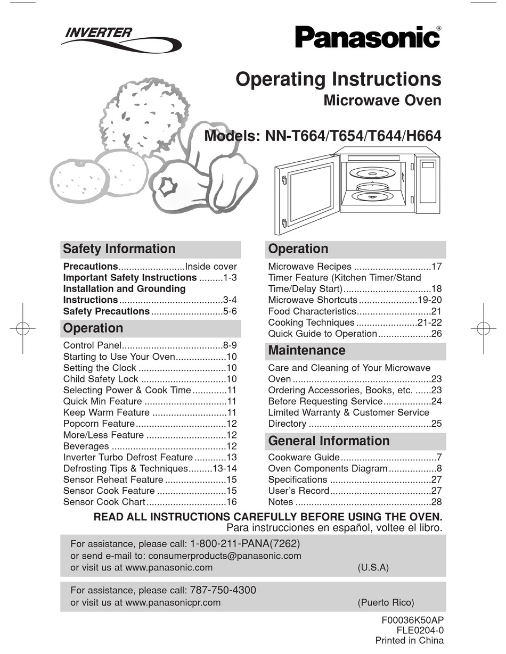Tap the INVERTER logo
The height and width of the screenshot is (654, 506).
click(x=99, y=33)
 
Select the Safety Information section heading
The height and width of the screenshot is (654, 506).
click(x=119, y=249)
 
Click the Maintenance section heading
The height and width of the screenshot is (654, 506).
click(x=306, y=351)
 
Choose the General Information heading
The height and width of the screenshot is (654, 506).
click(x=329, y=441)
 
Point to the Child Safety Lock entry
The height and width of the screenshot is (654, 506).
click(x=101, y=379)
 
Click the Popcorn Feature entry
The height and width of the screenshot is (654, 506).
click(x=99, y=424)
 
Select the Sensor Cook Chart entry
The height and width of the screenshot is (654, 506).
click(x=104, y=502)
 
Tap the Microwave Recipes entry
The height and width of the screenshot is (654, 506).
click(x=309, y=267)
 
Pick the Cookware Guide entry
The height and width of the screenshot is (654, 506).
click(x=304, y=458)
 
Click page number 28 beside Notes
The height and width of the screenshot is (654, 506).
click(x=437, y=502)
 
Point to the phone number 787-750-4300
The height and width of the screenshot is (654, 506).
click(x=223, y=590)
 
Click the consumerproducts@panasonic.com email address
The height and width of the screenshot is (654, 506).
click(x=224, y=556)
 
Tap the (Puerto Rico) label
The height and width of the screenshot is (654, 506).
click(x=386, y=603)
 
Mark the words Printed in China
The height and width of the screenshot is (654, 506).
click(x=409, y=641)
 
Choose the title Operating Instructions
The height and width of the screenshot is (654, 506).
click(x=338, y=79)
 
